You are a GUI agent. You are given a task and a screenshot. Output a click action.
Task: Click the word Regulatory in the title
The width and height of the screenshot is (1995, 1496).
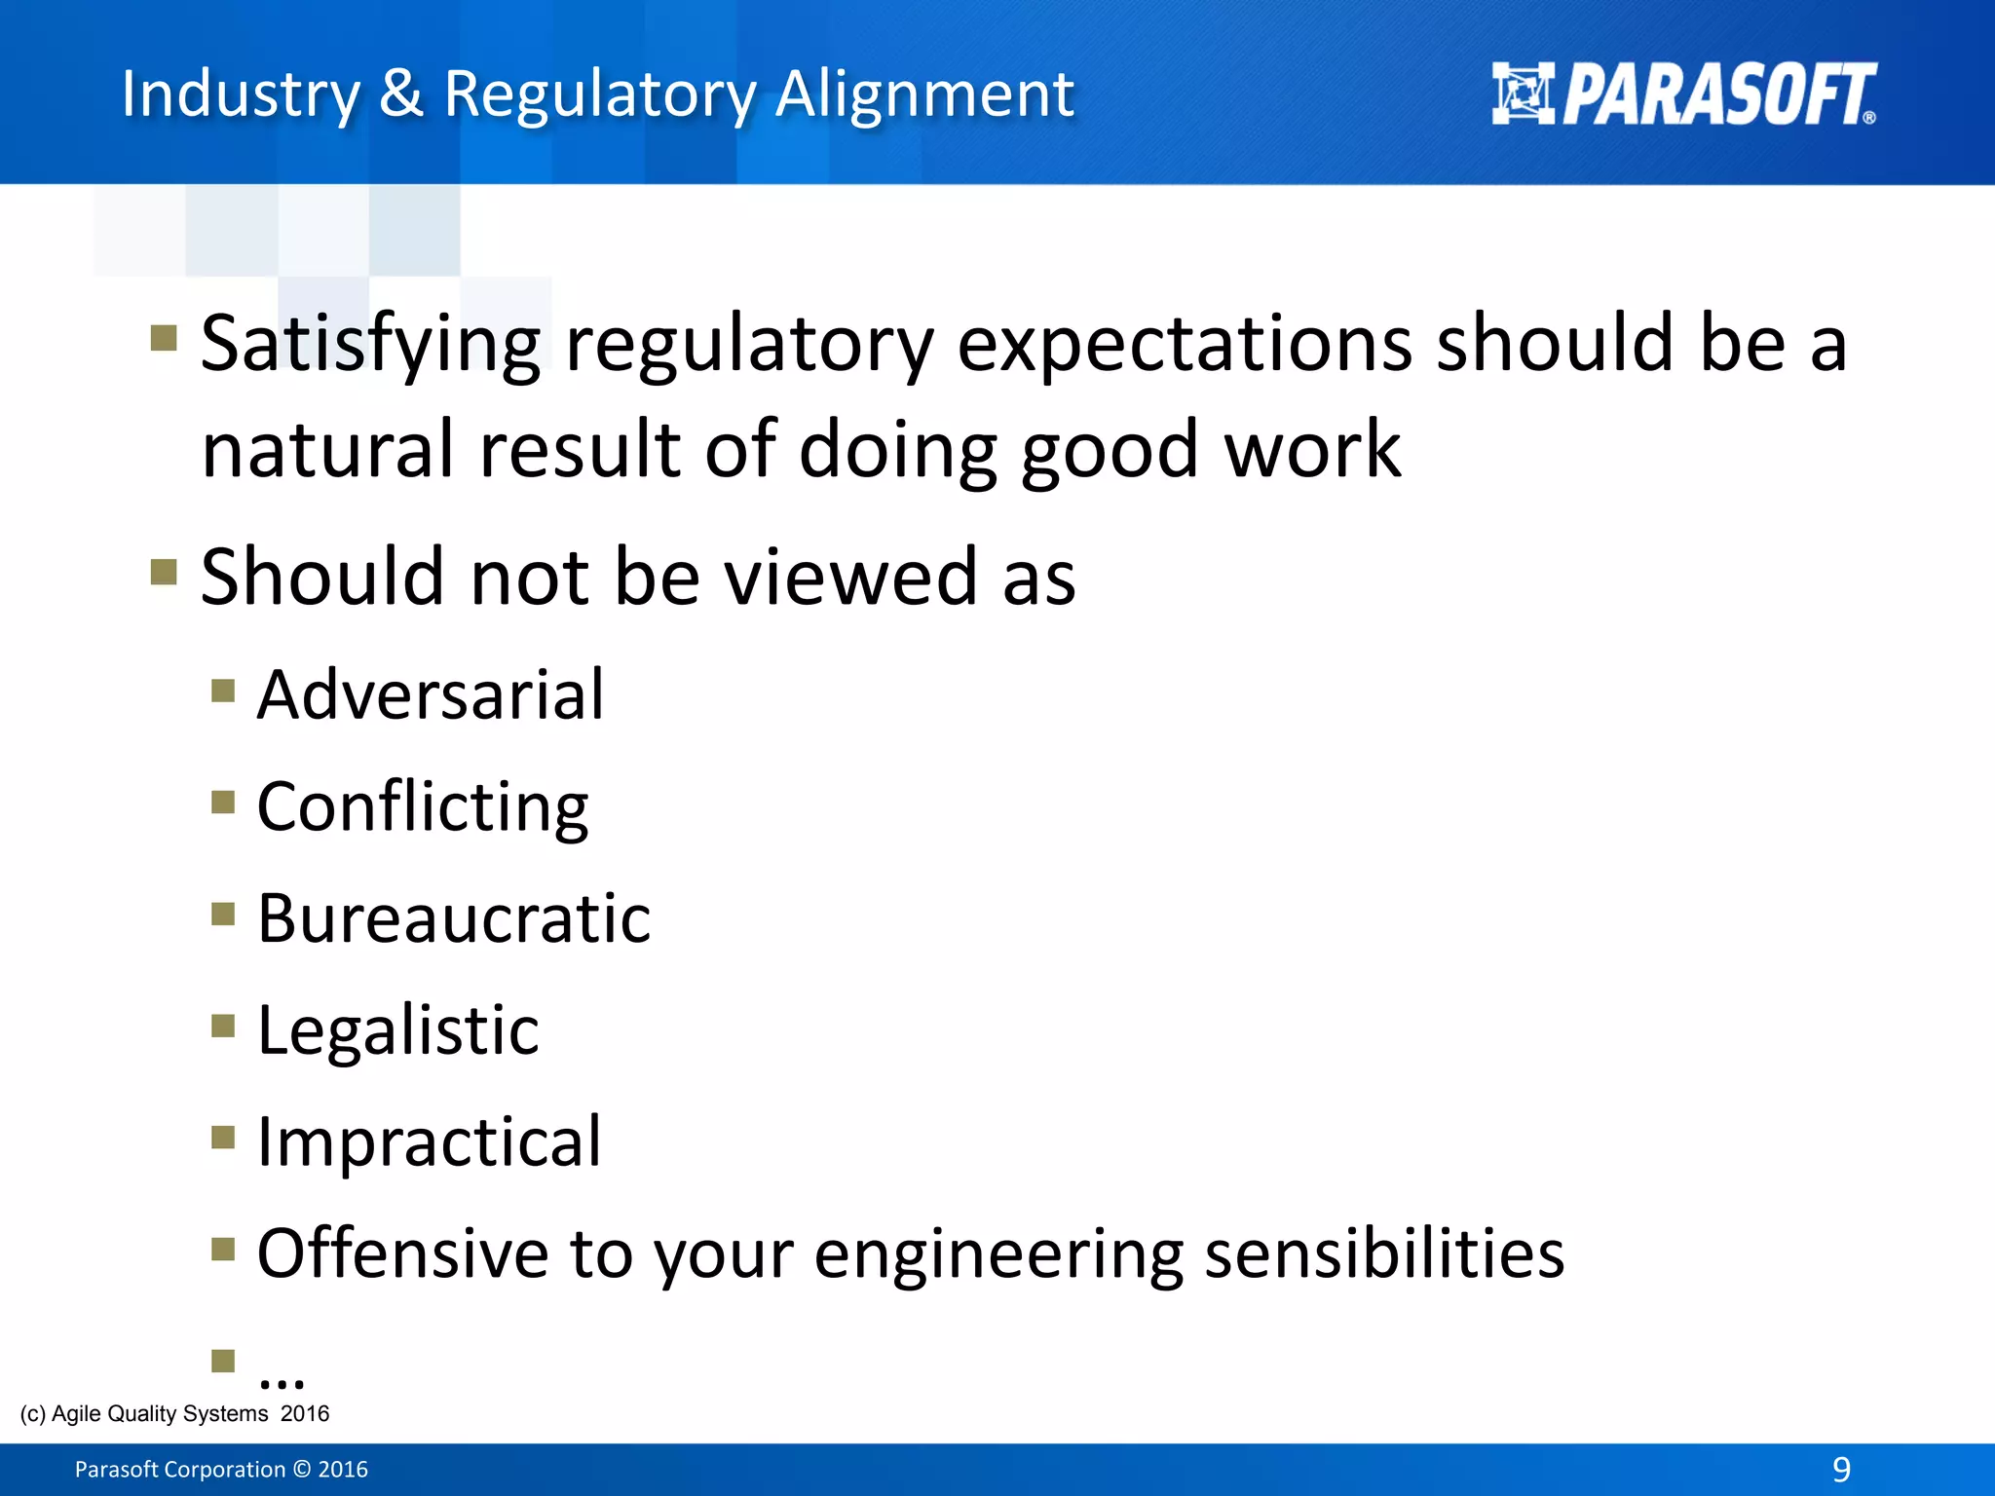[600, 95]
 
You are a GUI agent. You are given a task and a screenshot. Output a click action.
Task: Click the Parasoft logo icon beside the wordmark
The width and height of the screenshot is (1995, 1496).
[1522, 93]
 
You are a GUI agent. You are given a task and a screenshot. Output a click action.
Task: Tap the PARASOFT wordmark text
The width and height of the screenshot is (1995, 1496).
[1718, 94]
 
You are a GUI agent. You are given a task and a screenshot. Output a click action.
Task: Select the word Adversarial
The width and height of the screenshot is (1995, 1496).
[431, 695]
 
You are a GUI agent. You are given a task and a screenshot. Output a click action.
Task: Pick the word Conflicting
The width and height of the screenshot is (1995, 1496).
[423, 807]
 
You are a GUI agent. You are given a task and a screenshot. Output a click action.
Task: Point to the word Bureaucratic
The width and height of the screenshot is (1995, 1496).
[454, 918]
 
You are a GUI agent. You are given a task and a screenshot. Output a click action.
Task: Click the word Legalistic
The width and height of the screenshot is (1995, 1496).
[397, 1030]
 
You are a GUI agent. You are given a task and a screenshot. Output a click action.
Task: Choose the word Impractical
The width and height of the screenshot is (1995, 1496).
[429, 1141]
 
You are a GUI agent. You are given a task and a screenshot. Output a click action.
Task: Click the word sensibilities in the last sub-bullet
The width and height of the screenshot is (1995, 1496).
[1384, 1253]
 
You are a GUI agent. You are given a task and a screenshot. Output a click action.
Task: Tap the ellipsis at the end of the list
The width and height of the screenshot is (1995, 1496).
[282, 1376]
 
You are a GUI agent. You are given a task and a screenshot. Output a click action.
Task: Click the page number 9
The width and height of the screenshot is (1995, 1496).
[1841, 1469]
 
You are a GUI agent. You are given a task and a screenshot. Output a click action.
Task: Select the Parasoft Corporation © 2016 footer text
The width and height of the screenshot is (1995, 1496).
[222, 1470]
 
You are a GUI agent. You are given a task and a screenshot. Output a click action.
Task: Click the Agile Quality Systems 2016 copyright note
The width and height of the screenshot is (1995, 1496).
[175, 1413]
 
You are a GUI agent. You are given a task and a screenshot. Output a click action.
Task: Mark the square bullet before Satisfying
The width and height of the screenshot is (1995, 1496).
[164, 338]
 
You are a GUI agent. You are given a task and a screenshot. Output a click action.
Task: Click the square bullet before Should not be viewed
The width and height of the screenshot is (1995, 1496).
[164, 572]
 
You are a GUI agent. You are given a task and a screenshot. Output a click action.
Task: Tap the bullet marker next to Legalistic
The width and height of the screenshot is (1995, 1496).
[223, 1026]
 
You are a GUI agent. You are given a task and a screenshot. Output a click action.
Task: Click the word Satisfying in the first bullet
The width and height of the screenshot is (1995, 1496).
[370, 346]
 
